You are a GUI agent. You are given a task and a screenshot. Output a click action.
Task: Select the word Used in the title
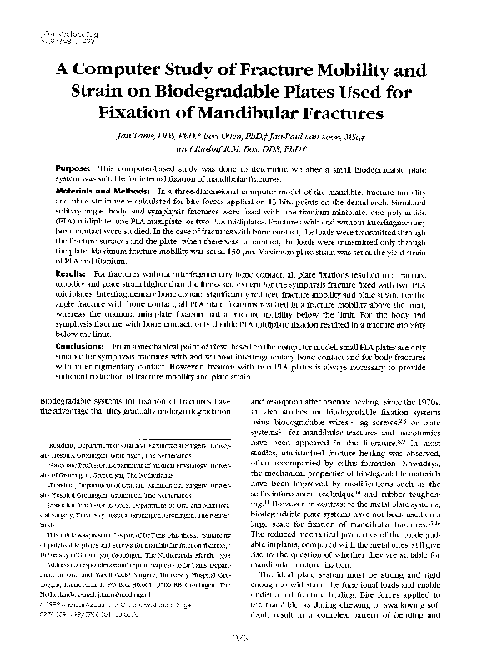[365, 90]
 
